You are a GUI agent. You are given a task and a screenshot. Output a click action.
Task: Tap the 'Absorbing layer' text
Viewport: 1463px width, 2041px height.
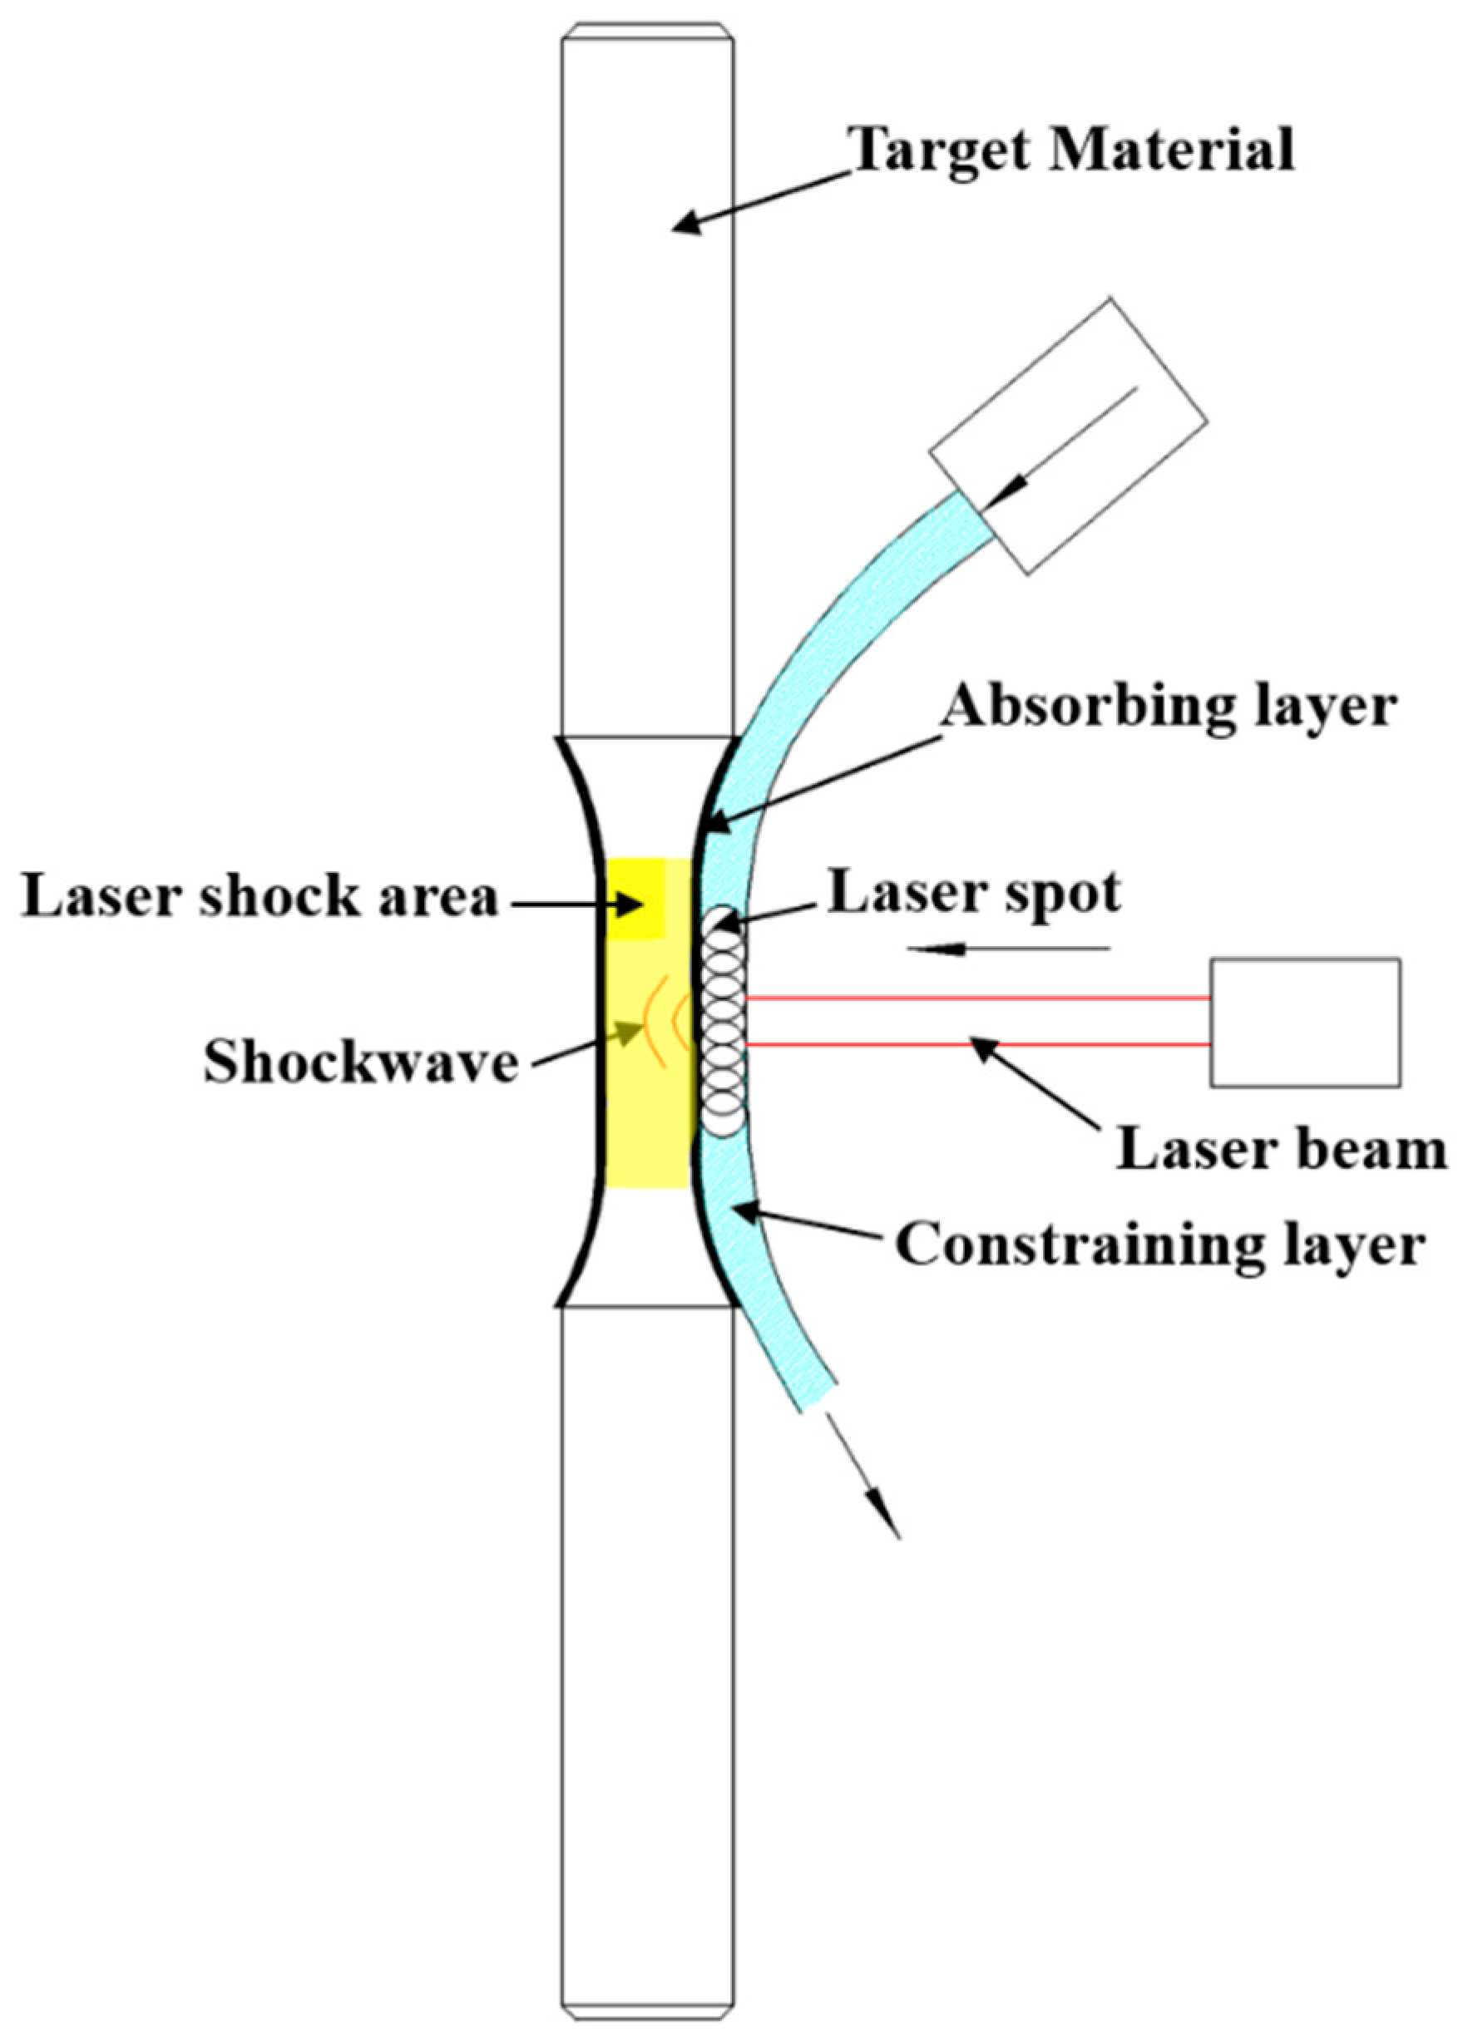pyautogui.click(x=1169, y=708)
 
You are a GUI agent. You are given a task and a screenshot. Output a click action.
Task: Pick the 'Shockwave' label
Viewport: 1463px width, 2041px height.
pyautogui.click(x=361, y=1062)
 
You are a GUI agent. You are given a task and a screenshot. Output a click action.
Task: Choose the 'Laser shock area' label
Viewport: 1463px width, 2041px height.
pyautogui.click(x=259, y=897)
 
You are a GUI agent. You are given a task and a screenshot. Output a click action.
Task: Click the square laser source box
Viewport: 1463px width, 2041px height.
pyautogui.click(x=1304, y=1022)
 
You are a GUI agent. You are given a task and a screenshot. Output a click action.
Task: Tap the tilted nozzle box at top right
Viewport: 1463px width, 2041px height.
pyautogui.click(x=1068, y=435)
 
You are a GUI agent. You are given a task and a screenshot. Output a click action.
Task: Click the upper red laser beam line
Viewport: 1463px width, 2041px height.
pyautogui.click(x=976, y=997)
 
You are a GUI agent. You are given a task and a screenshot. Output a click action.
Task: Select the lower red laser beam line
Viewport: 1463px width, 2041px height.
pyautogui.click(x=976, y=1045)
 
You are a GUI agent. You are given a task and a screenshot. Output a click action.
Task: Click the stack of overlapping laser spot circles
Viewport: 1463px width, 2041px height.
pyautogui.click(x=724, y=1021)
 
